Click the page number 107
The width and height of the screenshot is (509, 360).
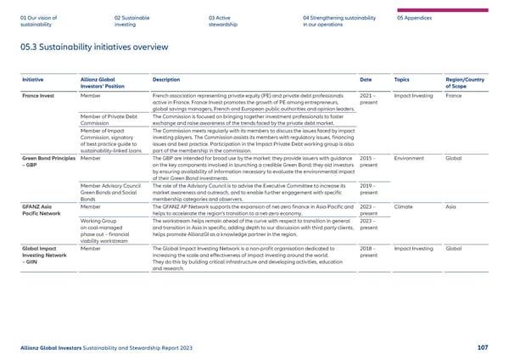pos(483,347)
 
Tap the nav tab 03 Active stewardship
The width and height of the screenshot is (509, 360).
pos(225,20)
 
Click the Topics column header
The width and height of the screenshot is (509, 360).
pos(404,79)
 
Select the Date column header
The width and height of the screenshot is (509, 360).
pos(366,79)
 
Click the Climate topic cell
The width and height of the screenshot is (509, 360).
pos(404,206)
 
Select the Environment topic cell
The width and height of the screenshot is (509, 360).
pos(410,158)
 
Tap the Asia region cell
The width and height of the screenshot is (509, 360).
pos(450,206)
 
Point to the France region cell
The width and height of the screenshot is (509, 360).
pos(454,98)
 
